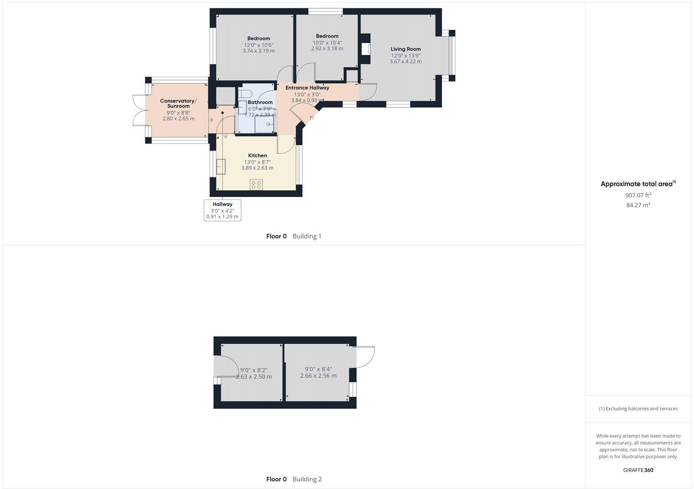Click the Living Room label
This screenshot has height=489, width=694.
coord(406,49)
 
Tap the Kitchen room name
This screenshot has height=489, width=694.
coord(257,155)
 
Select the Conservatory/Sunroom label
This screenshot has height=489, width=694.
coord(178,103)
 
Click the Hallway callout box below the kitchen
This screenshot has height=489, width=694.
coord(223,210)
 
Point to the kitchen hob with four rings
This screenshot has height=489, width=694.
coord(256,185)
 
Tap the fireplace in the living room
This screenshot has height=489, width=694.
coord(365,49)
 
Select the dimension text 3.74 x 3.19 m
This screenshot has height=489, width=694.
coord(259,51)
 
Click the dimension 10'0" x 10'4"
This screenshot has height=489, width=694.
coord(327,42)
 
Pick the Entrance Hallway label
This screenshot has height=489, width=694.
coord(307,88)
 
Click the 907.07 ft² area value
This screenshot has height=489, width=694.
coord(638,195)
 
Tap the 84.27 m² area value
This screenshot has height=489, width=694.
coord(638,205)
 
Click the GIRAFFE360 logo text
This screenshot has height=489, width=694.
coord(638,470)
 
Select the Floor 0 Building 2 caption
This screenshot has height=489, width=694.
coord(294,479)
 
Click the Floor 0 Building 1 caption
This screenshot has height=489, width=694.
coord(294,236)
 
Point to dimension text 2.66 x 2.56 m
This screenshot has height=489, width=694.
coord(318,376)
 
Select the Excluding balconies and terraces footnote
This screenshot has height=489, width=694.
coord(638,408)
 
